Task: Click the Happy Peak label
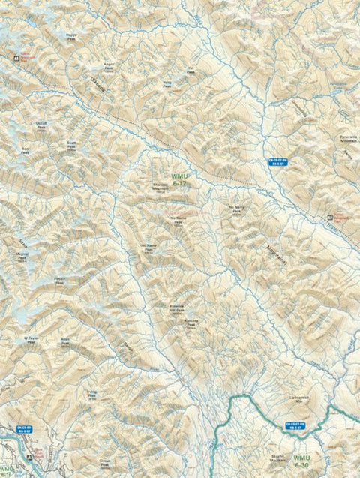click(71, 35)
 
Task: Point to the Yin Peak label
click(191, 71)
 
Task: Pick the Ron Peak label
click(25, 149)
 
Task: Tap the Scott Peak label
click(71, 143)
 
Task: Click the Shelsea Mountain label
click(160, 188)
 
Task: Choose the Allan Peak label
click(65, 340)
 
